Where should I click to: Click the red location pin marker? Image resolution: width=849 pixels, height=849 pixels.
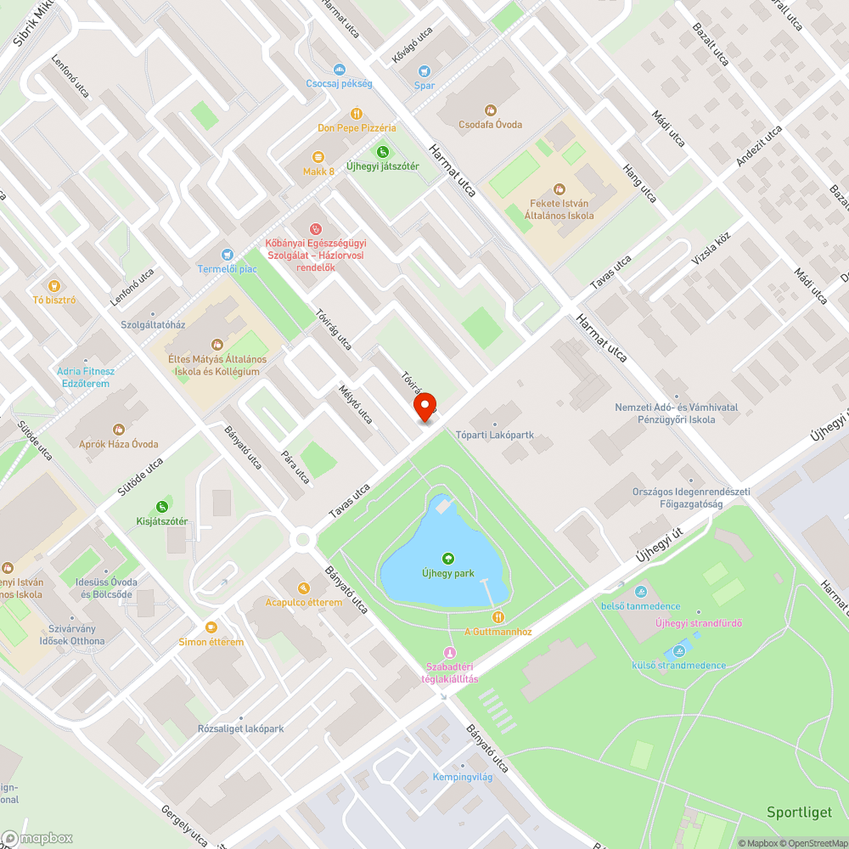(424, 406)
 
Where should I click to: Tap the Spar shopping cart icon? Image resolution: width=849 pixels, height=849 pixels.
(424, 72)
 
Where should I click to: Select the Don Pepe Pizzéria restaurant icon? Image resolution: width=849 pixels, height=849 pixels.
(357, 114)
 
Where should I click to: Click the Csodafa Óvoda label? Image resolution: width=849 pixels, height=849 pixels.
(490, 124)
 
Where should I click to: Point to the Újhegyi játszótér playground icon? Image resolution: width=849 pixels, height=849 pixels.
(382, 152)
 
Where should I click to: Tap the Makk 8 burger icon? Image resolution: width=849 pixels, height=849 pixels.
(318, 157)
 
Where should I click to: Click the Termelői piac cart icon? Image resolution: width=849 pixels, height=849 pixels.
(227, 255)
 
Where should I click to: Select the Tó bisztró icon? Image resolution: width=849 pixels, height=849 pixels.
(55, 285)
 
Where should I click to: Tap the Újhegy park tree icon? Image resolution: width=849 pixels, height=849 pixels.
(447, 558)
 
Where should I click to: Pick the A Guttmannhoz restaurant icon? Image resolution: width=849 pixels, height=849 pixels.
(498, 617)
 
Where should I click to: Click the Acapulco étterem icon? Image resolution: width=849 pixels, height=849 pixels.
(304, 588)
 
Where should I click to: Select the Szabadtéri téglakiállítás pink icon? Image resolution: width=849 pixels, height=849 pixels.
(450, 652)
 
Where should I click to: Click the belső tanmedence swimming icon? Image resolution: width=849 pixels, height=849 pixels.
(640, 591)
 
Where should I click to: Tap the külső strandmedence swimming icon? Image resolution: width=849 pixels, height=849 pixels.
(678, 651)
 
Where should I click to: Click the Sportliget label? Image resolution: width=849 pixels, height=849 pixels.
(799, 812)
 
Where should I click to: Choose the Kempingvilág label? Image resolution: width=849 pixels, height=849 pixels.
(463, 777)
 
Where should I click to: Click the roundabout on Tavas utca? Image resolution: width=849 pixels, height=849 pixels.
(301, 539)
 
